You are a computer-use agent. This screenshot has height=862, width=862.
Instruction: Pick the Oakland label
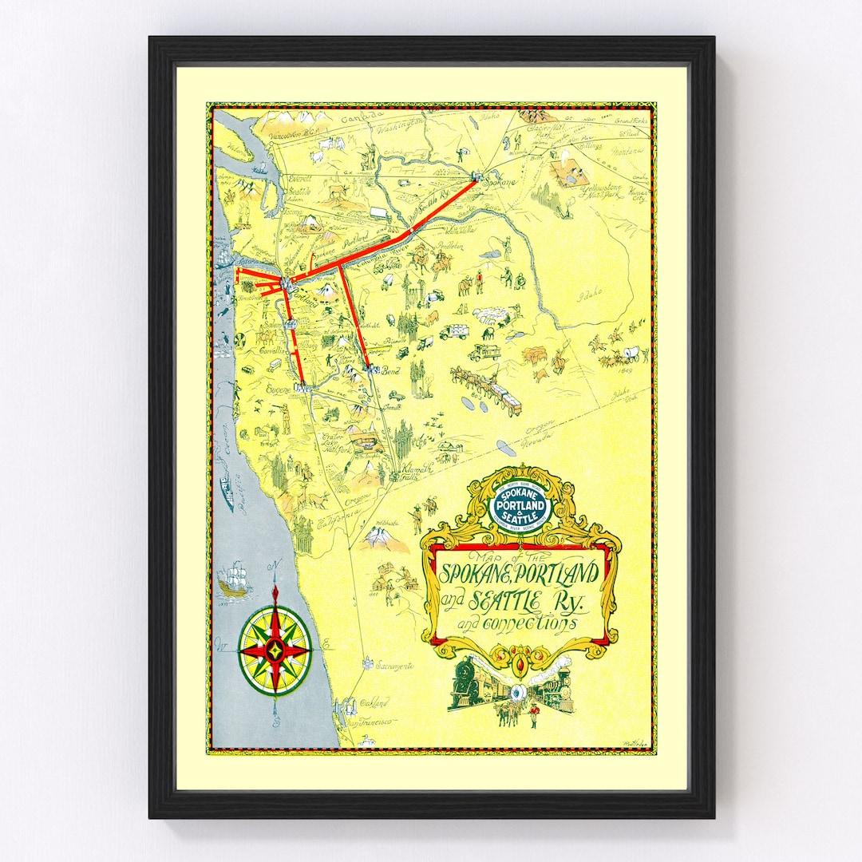coord(374,703)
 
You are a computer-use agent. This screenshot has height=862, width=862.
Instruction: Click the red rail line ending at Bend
coord(354,319)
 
